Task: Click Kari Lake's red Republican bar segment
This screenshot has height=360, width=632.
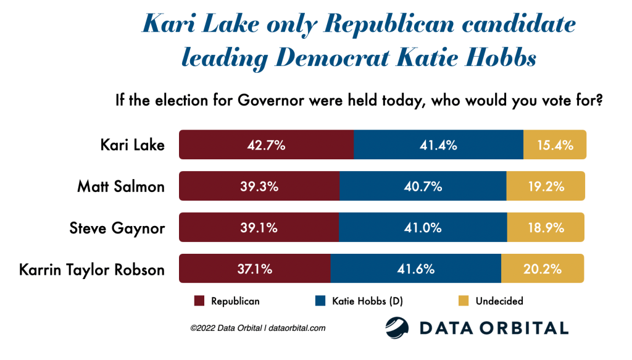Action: point(266,145)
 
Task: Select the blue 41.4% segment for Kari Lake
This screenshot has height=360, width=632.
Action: point(438,145)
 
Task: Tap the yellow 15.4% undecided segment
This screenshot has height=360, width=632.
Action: point(554,145)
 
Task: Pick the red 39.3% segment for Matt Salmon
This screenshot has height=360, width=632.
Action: point(259,186)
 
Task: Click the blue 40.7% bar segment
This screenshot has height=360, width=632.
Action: point(423,186)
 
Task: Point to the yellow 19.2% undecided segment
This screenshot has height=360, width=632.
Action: point(546,186)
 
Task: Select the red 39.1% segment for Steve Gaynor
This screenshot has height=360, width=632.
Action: point(259,228)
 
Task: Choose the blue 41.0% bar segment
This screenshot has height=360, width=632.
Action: point(423,228)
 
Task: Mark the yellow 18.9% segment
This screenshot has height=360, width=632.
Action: point(546,228)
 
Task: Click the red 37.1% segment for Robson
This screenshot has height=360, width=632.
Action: point(254,269)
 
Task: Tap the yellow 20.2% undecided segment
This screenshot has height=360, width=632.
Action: point(543,269)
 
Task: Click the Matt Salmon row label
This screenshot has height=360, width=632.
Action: point(121,186)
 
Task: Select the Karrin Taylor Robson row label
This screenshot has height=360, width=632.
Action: point(91,270)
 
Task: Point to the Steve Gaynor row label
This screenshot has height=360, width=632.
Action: point(117,228)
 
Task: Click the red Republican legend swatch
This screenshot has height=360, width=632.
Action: point(199,301)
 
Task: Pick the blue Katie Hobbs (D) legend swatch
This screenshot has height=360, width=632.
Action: point(320,301)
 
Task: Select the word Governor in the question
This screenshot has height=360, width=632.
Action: point(266,101)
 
